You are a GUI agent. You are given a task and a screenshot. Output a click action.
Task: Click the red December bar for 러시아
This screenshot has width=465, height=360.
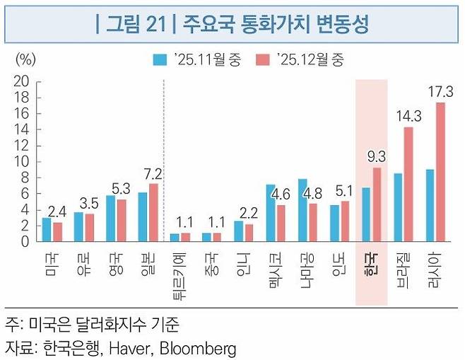(x=440, y=172)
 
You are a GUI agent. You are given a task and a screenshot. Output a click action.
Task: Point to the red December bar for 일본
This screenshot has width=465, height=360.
(x=153, y=212)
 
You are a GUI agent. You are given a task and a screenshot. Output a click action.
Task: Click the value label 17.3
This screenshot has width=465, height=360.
(x=440, y=91)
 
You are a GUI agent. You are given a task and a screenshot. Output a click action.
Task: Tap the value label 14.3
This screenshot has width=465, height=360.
(x=405, y=116)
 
